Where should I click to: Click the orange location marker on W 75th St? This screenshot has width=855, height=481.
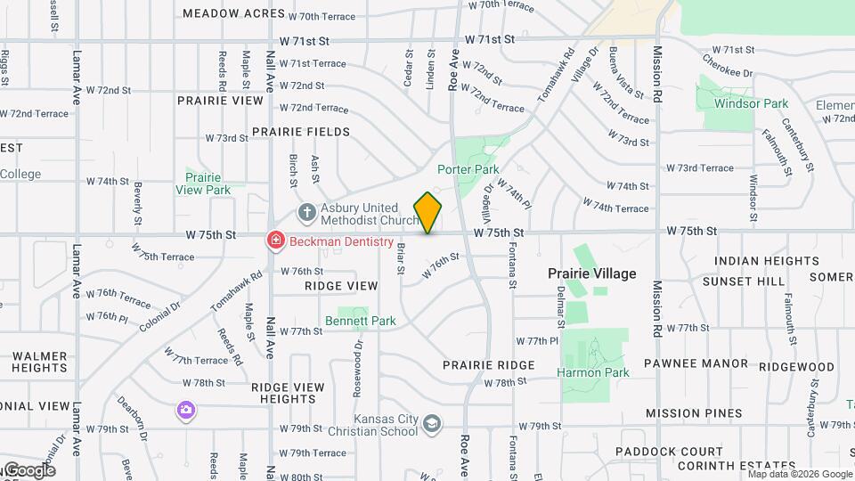(427, 213)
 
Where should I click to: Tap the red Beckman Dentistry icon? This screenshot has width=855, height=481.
(276, 240)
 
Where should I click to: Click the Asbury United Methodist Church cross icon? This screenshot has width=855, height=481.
(307, 212)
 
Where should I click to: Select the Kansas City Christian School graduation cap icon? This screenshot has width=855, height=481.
(432, 425)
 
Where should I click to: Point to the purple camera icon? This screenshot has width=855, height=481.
(185, 410)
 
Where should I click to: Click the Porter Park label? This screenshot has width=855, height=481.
(468, 169)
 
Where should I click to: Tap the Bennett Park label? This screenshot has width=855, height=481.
(361, 321)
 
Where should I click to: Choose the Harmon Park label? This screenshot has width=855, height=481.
(593, 372)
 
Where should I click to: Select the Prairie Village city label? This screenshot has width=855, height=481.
(591, 273)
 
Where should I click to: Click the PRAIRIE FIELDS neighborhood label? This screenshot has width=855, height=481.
(300, 132)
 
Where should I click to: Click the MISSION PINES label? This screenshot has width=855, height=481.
(694, 413)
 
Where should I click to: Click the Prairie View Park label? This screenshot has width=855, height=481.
(203, 183)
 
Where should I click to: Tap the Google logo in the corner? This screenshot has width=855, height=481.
(28, 470)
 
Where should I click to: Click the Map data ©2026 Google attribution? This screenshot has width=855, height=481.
(799, 474)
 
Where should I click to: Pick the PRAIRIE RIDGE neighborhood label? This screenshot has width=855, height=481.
(489, 365)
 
